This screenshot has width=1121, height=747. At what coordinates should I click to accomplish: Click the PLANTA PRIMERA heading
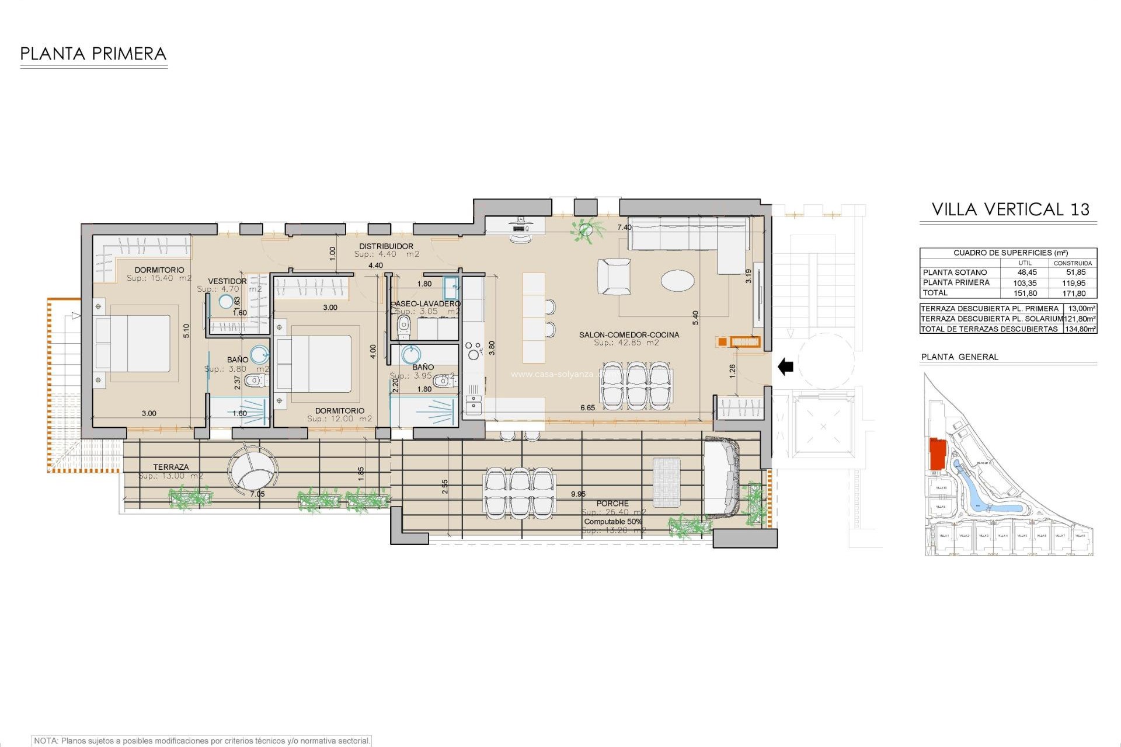click(x=93, y=54)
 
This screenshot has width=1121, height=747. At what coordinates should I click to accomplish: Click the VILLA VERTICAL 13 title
click(x=1010, y=210)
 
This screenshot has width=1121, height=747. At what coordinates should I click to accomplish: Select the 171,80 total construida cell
click(x=1074, y=294)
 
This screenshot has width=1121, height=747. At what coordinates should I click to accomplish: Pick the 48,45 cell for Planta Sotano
click(x=1027, y=273)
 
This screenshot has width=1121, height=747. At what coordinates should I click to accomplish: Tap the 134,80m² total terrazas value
click(x=1080, y=329)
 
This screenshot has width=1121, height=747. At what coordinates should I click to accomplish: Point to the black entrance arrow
click(x=785, y=366)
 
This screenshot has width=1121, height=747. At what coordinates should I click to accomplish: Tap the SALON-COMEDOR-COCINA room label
click(x=629, y=335)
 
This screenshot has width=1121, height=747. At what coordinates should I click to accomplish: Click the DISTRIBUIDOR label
click(x=386, y=246)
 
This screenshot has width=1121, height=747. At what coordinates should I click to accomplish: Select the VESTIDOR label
click(x=227, y=281)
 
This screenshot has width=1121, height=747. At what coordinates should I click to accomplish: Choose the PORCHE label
click(x=612, y=503)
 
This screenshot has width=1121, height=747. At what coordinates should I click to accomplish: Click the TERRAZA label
click(x=170, y=467)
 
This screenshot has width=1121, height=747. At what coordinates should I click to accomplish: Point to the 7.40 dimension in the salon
click(x=624, y=228)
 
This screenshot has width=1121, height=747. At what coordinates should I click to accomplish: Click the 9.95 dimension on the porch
click(x=578, y=494)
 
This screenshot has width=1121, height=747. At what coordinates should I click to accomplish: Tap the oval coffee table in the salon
click(x=678, y=280)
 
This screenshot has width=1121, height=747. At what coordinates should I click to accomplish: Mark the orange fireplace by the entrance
click(x=744, y=342)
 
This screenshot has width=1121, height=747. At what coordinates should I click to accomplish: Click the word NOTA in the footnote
click(x=46, y=741)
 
